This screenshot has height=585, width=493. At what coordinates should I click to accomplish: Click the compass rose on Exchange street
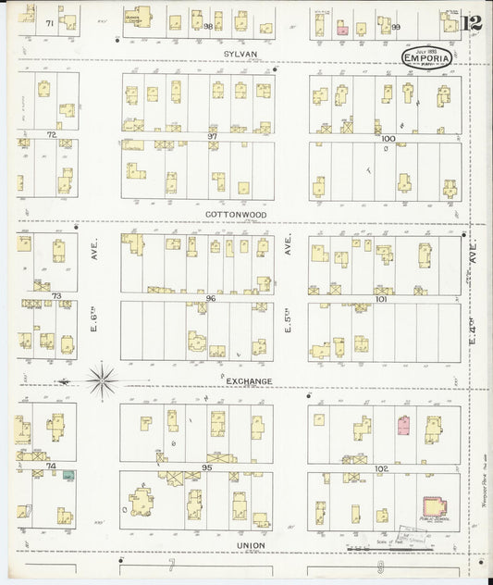(x=102, y=378)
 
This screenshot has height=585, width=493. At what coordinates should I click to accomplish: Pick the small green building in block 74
(x=68, y=475)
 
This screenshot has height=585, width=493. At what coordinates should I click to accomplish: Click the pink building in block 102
(x=403, y=425)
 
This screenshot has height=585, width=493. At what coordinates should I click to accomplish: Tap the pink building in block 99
(x=342, y=31)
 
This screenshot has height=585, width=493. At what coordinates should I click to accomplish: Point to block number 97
(x=212, y=136)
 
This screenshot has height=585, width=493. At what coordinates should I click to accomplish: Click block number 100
(x=388, y=137)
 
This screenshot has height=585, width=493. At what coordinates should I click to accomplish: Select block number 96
(x=211, y=298)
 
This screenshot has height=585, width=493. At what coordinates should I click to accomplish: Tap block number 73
(x=55, y=296)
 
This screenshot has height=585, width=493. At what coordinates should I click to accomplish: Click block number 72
(x=52, y=135)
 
